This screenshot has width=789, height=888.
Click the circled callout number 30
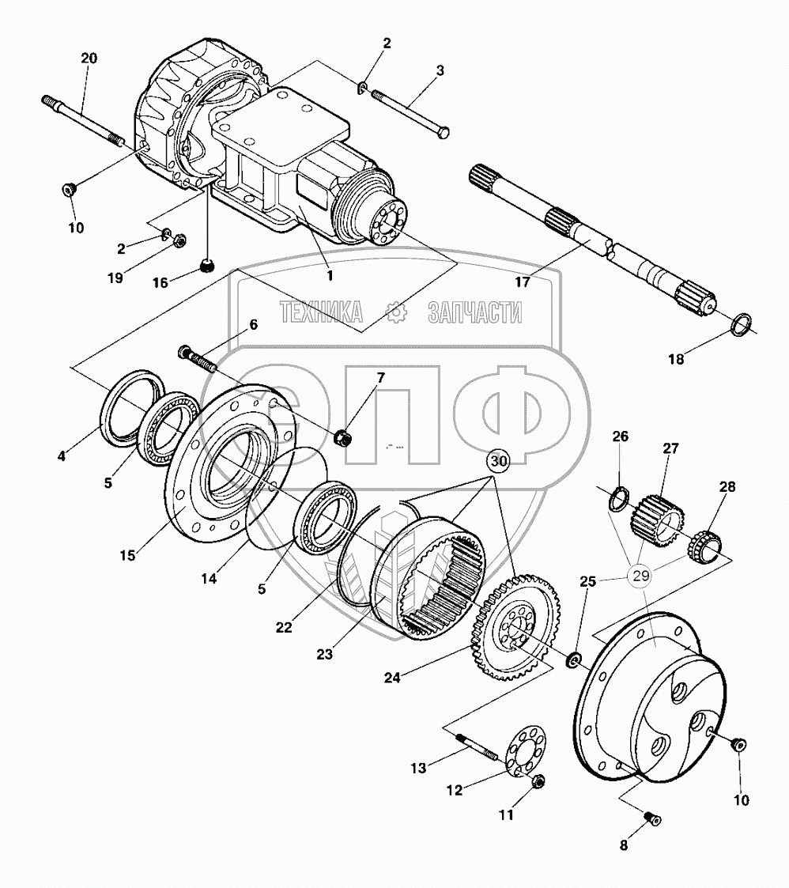click(x=498, y=460)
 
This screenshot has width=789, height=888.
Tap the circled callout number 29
click(x=640, y=575)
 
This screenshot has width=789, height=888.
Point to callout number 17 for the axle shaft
click(x=523, y=282)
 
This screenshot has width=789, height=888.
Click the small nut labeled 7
click(x=344, y=436)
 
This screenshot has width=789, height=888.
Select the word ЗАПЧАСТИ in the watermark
click(x=474, y=313)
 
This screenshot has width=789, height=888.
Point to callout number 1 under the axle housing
click(x=328, y=276)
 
